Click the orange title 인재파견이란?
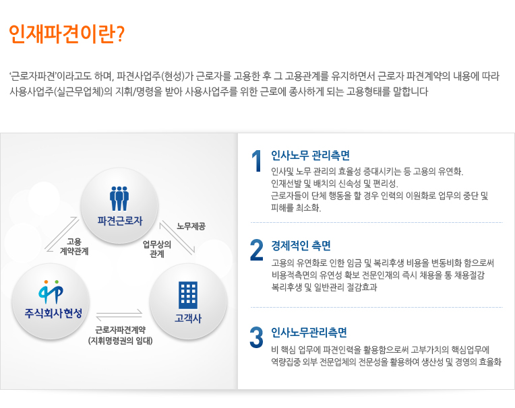[x=67, y=34]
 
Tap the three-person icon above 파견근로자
[x=119, y=199]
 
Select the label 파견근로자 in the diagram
[x=120, y=221]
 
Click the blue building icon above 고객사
[x=188, y=295]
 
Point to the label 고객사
[x=188, y=318]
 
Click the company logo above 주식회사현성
[x=51, y=292]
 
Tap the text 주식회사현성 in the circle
[x=53, y=313]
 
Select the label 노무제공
[x=191, y=226]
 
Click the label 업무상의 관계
[x=156, y=249]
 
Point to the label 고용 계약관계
[x=74, y=246]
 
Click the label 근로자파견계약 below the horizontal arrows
[x=120, y=330]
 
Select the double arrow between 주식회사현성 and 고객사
[x=119, y=315]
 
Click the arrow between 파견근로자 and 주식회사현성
[x=61, y=234]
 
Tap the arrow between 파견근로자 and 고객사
[x=177, y=238]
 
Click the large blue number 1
[x=257, y=161]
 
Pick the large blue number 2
[x=257, y=250]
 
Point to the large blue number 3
[x=257, y=337]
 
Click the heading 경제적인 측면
[x=301, y=246]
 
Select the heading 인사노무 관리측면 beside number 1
[x=310, y=156]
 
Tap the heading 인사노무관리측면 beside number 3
[x=309, y=333]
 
